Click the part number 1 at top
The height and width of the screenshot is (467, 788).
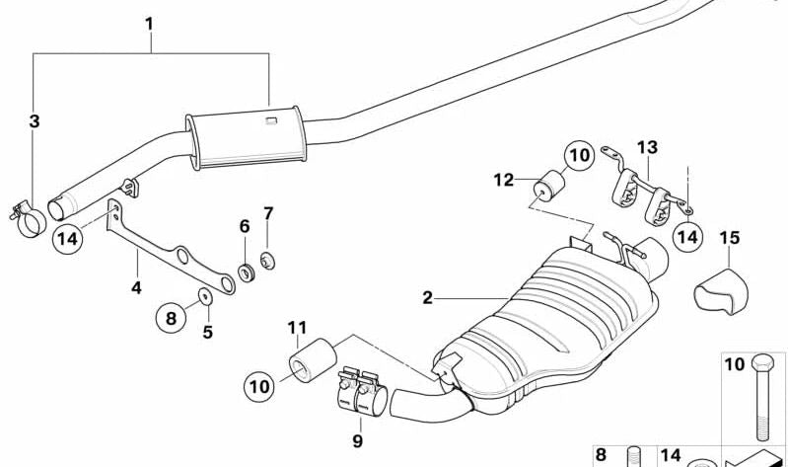(x=150, y=22)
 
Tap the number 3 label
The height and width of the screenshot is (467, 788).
(x=35, y=122)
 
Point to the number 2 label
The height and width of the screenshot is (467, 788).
(x=427, y=297)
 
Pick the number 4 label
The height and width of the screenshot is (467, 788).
(x=136, y=288)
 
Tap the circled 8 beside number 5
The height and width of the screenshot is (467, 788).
(x=170, y=317)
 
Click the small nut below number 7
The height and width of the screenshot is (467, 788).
(x=265, y=262)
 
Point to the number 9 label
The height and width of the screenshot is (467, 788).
(x=358, y=440)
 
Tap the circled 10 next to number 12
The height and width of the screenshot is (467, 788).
(x=580, y=155)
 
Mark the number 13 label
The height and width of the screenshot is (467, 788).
(x=646, y=147)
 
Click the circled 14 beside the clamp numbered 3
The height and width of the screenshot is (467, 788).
(x=68, y=238)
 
